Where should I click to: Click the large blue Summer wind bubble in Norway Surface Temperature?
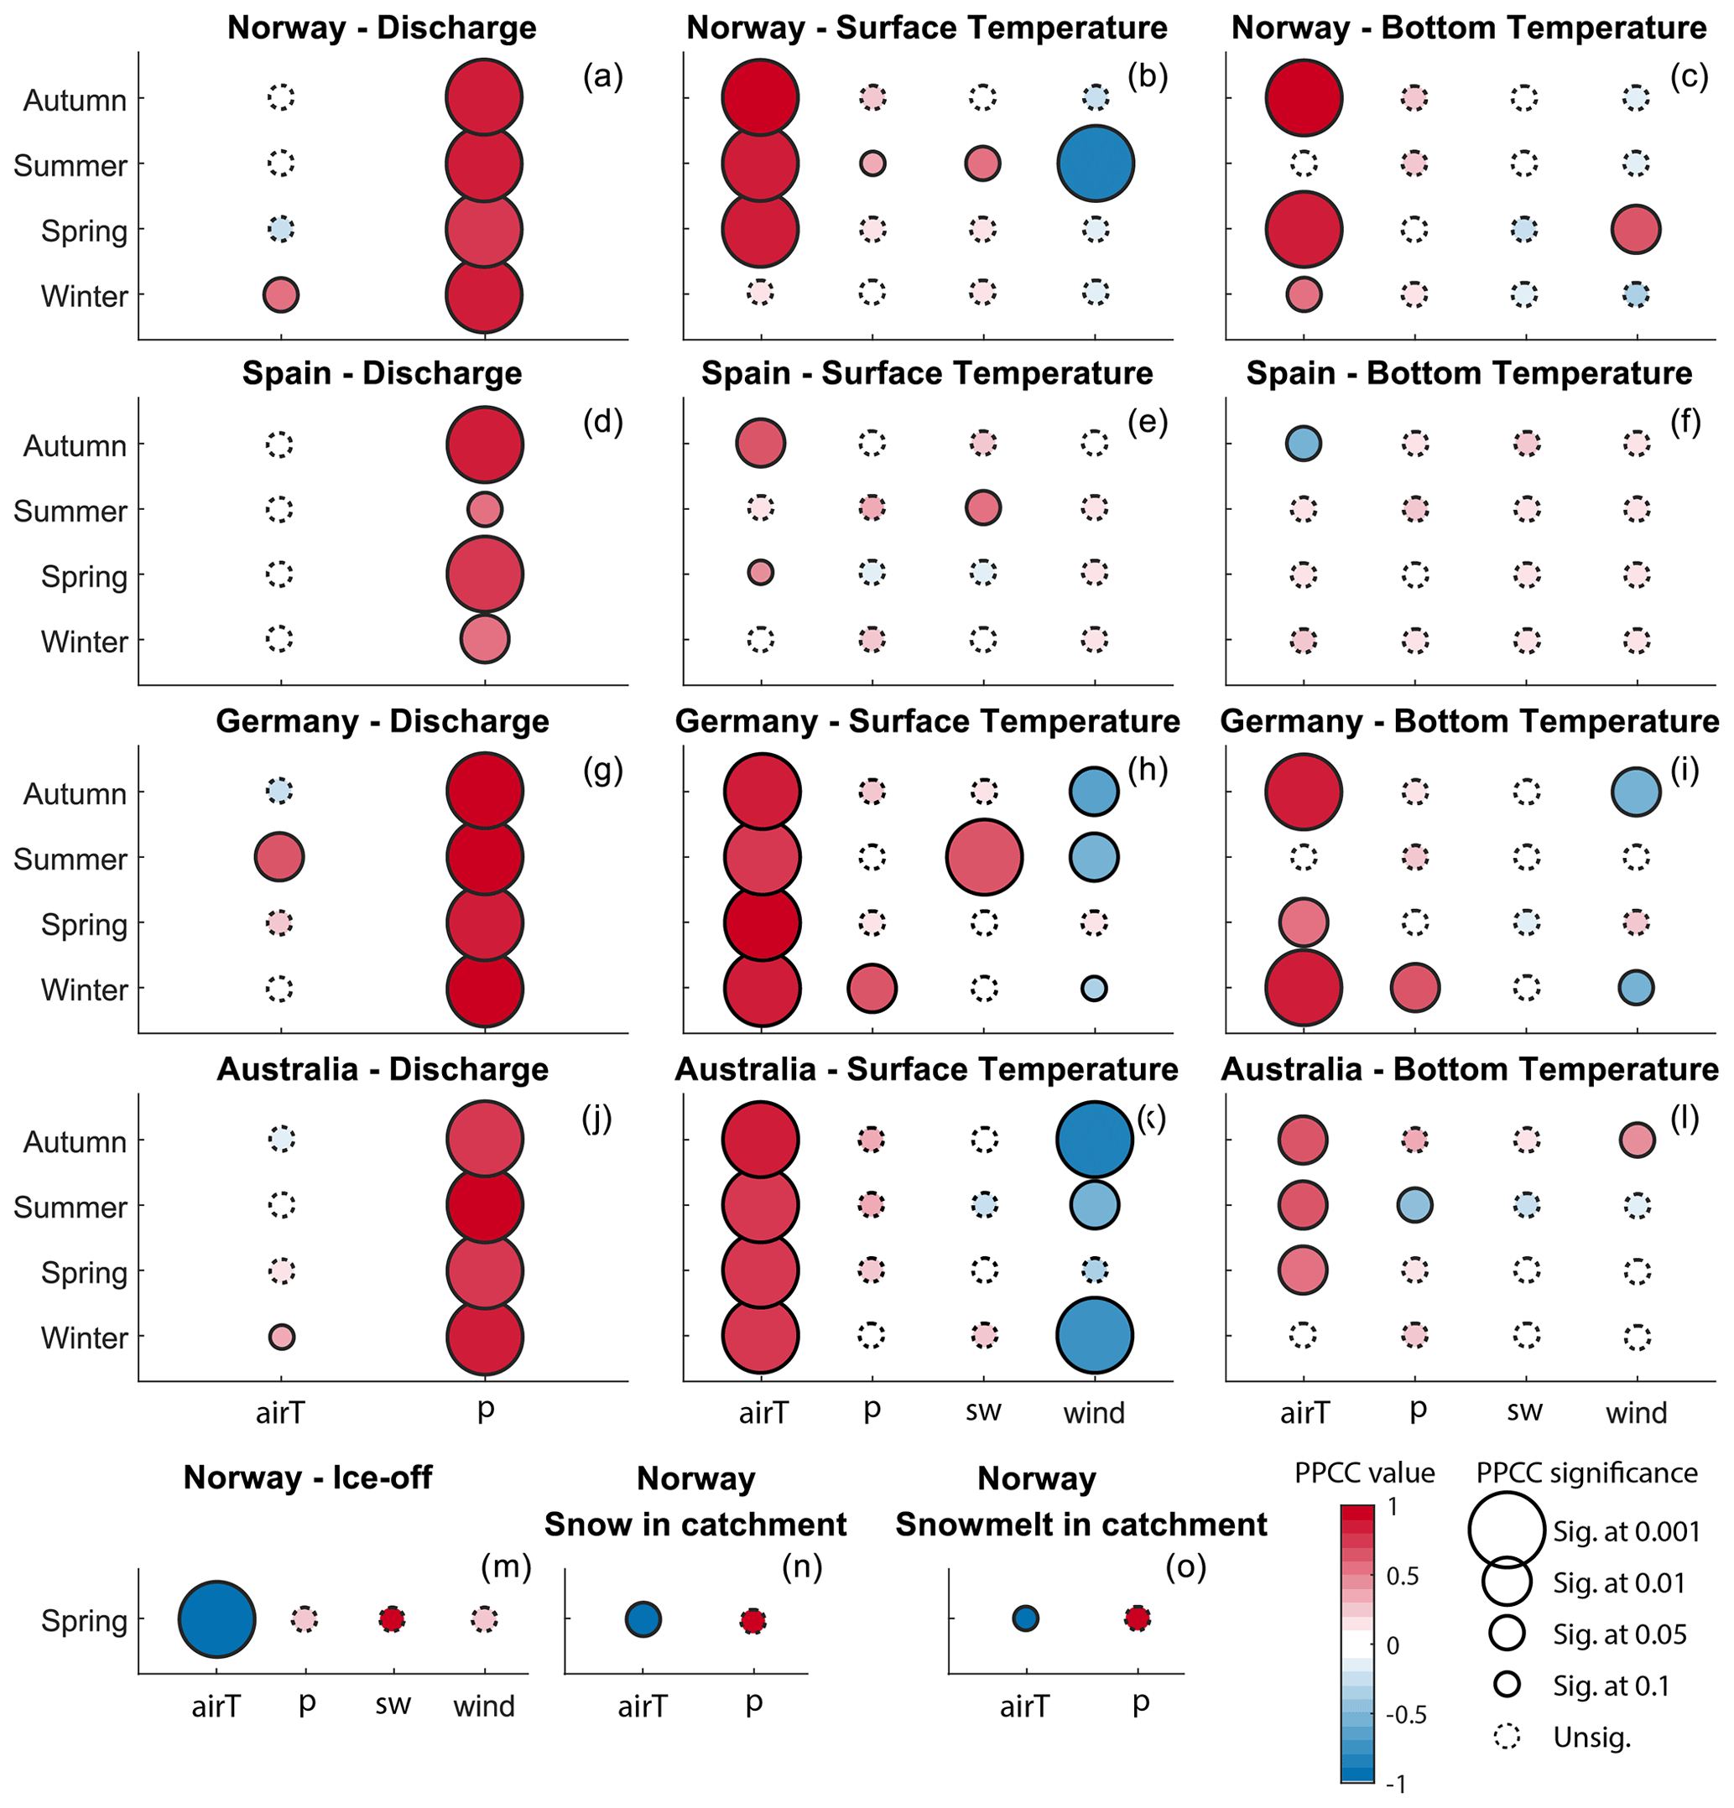click(1095, 164)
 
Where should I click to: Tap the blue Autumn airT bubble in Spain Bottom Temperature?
click(1302, 444)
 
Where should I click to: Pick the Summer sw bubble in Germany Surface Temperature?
click(984, 857)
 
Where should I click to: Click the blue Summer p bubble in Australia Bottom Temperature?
click(1414, 1205)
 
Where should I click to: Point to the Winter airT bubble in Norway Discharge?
click(280, 295)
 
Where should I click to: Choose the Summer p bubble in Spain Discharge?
click(485, 509)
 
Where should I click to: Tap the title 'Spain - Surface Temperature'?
click(926, 374)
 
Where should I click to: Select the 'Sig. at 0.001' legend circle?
click(1505, 1530)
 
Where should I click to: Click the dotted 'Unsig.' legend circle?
click(1506, 1737)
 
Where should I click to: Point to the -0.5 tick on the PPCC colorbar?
click(1405, 1714)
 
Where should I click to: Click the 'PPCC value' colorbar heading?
click(1364, 1473)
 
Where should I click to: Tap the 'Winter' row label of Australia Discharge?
click(84, 1338)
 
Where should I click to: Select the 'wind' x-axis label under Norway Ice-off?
click(483, 1707)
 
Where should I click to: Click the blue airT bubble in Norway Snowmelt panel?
click(1024, 1618)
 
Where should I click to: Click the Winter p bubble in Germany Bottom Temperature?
click(1414, 987)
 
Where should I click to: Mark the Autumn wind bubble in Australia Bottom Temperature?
click(1636, 1139)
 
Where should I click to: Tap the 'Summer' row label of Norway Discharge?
click(70, 166)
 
